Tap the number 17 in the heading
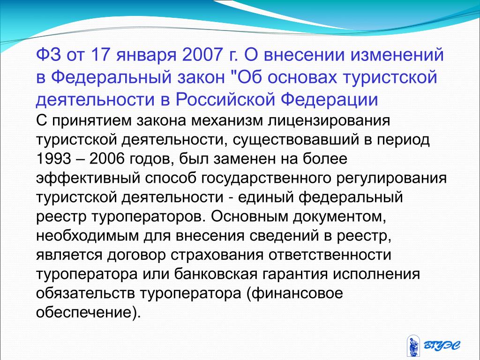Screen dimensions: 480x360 point(100,54)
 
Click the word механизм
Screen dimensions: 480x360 point(227,120)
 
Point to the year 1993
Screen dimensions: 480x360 point(53,159)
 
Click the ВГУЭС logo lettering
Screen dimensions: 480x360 point(442,345)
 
